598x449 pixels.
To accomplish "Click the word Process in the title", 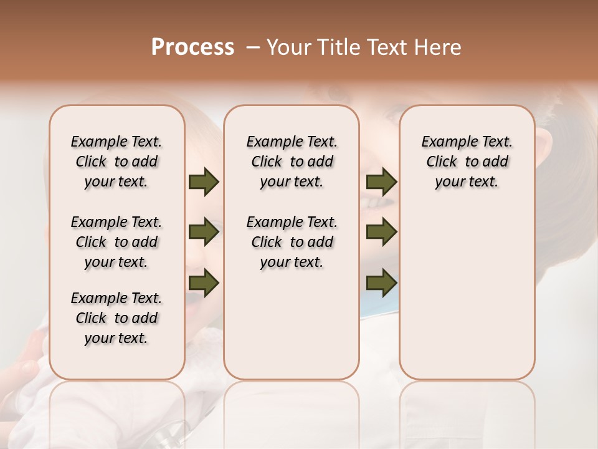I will [192, 47].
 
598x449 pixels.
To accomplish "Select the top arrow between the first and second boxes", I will [204, 182].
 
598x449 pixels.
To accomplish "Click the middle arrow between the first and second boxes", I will [204, 232].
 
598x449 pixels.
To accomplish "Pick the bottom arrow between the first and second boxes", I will [204, 282].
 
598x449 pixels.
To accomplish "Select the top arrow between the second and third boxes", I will [381, 182].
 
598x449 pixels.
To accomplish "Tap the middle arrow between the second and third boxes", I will [381, 232].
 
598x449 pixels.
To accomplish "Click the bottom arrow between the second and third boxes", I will [381, 282].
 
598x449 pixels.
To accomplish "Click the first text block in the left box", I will [116, 162].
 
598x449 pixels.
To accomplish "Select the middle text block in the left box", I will [116, 242].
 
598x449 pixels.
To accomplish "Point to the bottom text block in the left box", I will [116, 318].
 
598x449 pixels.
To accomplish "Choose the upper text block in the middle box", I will [292, 162].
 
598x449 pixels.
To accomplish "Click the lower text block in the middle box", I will [292, 242].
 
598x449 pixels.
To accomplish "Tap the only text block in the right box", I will [467, 162].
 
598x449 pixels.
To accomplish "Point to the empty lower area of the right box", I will [467, 293].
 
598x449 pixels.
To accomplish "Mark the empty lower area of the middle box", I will [292, 324].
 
